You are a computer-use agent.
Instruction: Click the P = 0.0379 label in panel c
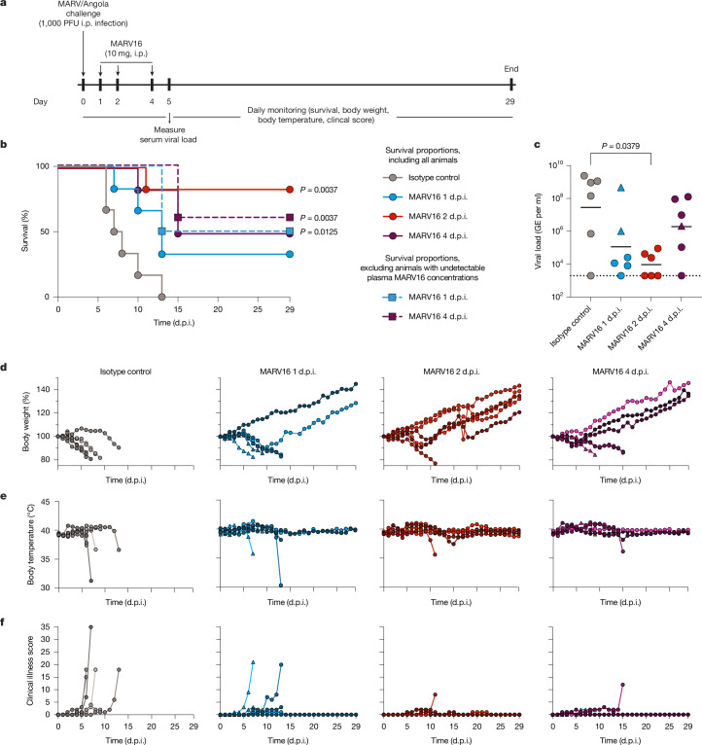coord(620,146)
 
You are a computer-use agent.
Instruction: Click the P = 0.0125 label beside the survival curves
coord(319,231)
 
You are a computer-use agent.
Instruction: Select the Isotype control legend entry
coord(421,178)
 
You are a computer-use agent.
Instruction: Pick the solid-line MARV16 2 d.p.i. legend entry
coord(425,216)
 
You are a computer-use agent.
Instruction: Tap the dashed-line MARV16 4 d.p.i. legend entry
coord(425,316)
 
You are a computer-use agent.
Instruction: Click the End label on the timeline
coord(511,69)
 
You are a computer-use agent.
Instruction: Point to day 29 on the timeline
coord(509,101)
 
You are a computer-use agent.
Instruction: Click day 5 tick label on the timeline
coord(168,101)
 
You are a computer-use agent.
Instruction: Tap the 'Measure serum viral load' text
coord(168,134)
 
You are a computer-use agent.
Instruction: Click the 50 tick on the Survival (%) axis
coord(45,231)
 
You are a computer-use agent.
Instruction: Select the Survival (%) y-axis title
coord(25,231)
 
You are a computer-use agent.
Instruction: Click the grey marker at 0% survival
coord(161,297)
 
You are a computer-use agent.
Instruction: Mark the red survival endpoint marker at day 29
coord(290,190)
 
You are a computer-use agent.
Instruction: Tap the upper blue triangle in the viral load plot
coord(620,188)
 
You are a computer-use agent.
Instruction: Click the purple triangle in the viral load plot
coord(682,227)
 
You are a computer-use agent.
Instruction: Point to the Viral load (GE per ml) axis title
coord(538,231)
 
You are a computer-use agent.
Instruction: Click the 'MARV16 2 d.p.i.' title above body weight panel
coord(451,372)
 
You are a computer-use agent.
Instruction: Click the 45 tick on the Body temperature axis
coord(45,501)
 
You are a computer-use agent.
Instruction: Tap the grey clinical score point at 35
coord(90,627)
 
